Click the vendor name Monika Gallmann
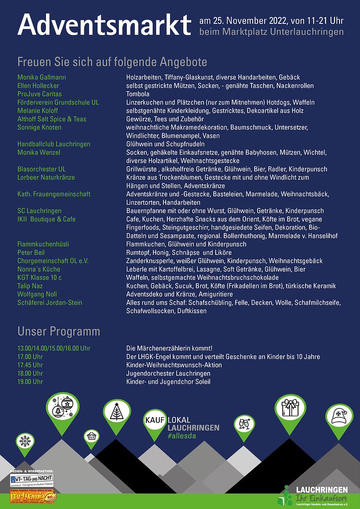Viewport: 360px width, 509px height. (41, 77)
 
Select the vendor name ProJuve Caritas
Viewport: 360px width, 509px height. (39, 94)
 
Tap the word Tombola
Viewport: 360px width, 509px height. (138, 94)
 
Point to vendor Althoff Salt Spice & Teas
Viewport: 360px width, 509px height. (52, 119)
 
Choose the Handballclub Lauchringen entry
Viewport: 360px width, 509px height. (54, 144)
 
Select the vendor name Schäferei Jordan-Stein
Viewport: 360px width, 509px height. (50, 302)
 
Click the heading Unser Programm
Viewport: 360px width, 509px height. (58, 331)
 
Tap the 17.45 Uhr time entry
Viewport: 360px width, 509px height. (30, 365)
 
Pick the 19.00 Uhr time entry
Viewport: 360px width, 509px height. (30, 382)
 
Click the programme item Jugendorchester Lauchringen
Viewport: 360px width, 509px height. (168, 373)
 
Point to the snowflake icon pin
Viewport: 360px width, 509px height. (24, 441)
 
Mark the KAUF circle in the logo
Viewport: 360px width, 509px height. (155, 420)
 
